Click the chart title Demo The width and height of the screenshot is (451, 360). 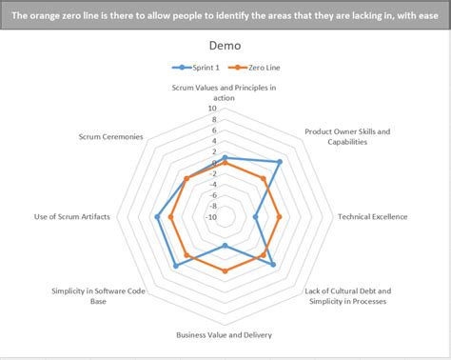(225, 46)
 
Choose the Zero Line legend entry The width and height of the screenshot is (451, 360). (259, 68)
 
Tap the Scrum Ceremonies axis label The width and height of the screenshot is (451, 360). (111, 136)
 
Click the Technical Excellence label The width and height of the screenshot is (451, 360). (372, 217)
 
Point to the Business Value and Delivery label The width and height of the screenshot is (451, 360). (225, 335)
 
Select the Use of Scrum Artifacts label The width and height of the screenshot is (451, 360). (71, 217)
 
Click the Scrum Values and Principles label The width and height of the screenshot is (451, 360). (225, 92)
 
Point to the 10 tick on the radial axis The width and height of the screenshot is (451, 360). (212, 109)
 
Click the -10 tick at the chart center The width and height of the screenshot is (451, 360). (211, 217)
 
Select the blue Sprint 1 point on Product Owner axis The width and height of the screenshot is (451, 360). (279, 163)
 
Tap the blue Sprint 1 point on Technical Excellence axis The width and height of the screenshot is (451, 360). (256, 217)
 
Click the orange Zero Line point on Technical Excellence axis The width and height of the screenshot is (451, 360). (280, 217)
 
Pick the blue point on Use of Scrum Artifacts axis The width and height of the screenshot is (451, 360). (156, 217)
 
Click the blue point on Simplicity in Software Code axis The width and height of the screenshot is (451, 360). (176, 266)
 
